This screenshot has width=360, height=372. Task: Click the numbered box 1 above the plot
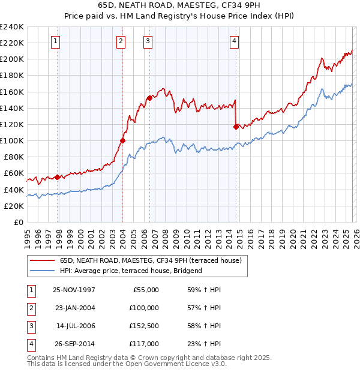pyautogui.click(x=55, y=41)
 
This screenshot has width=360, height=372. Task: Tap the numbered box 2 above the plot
pyautogui.click(x=121, y=41)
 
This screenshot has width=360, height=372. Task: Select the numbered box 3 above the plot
pyautogui.click(x=147, y=41)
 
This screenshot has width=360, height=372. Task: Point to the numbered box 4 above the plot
pyautogui.click(x=234, y=41)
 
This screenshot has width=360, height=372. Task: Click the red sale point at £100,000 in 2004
pyautogui.click(x=122, y=140)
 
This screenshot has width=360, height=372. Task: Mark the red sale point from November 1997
pyautogui.click(x=58, y=177)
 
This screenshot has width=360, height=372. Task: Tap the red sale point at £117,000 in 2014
pyautogui.click(x=236, y=126)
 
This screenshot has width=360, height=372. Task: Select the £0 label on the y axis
pyautogui.click(x=18, y=222)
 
